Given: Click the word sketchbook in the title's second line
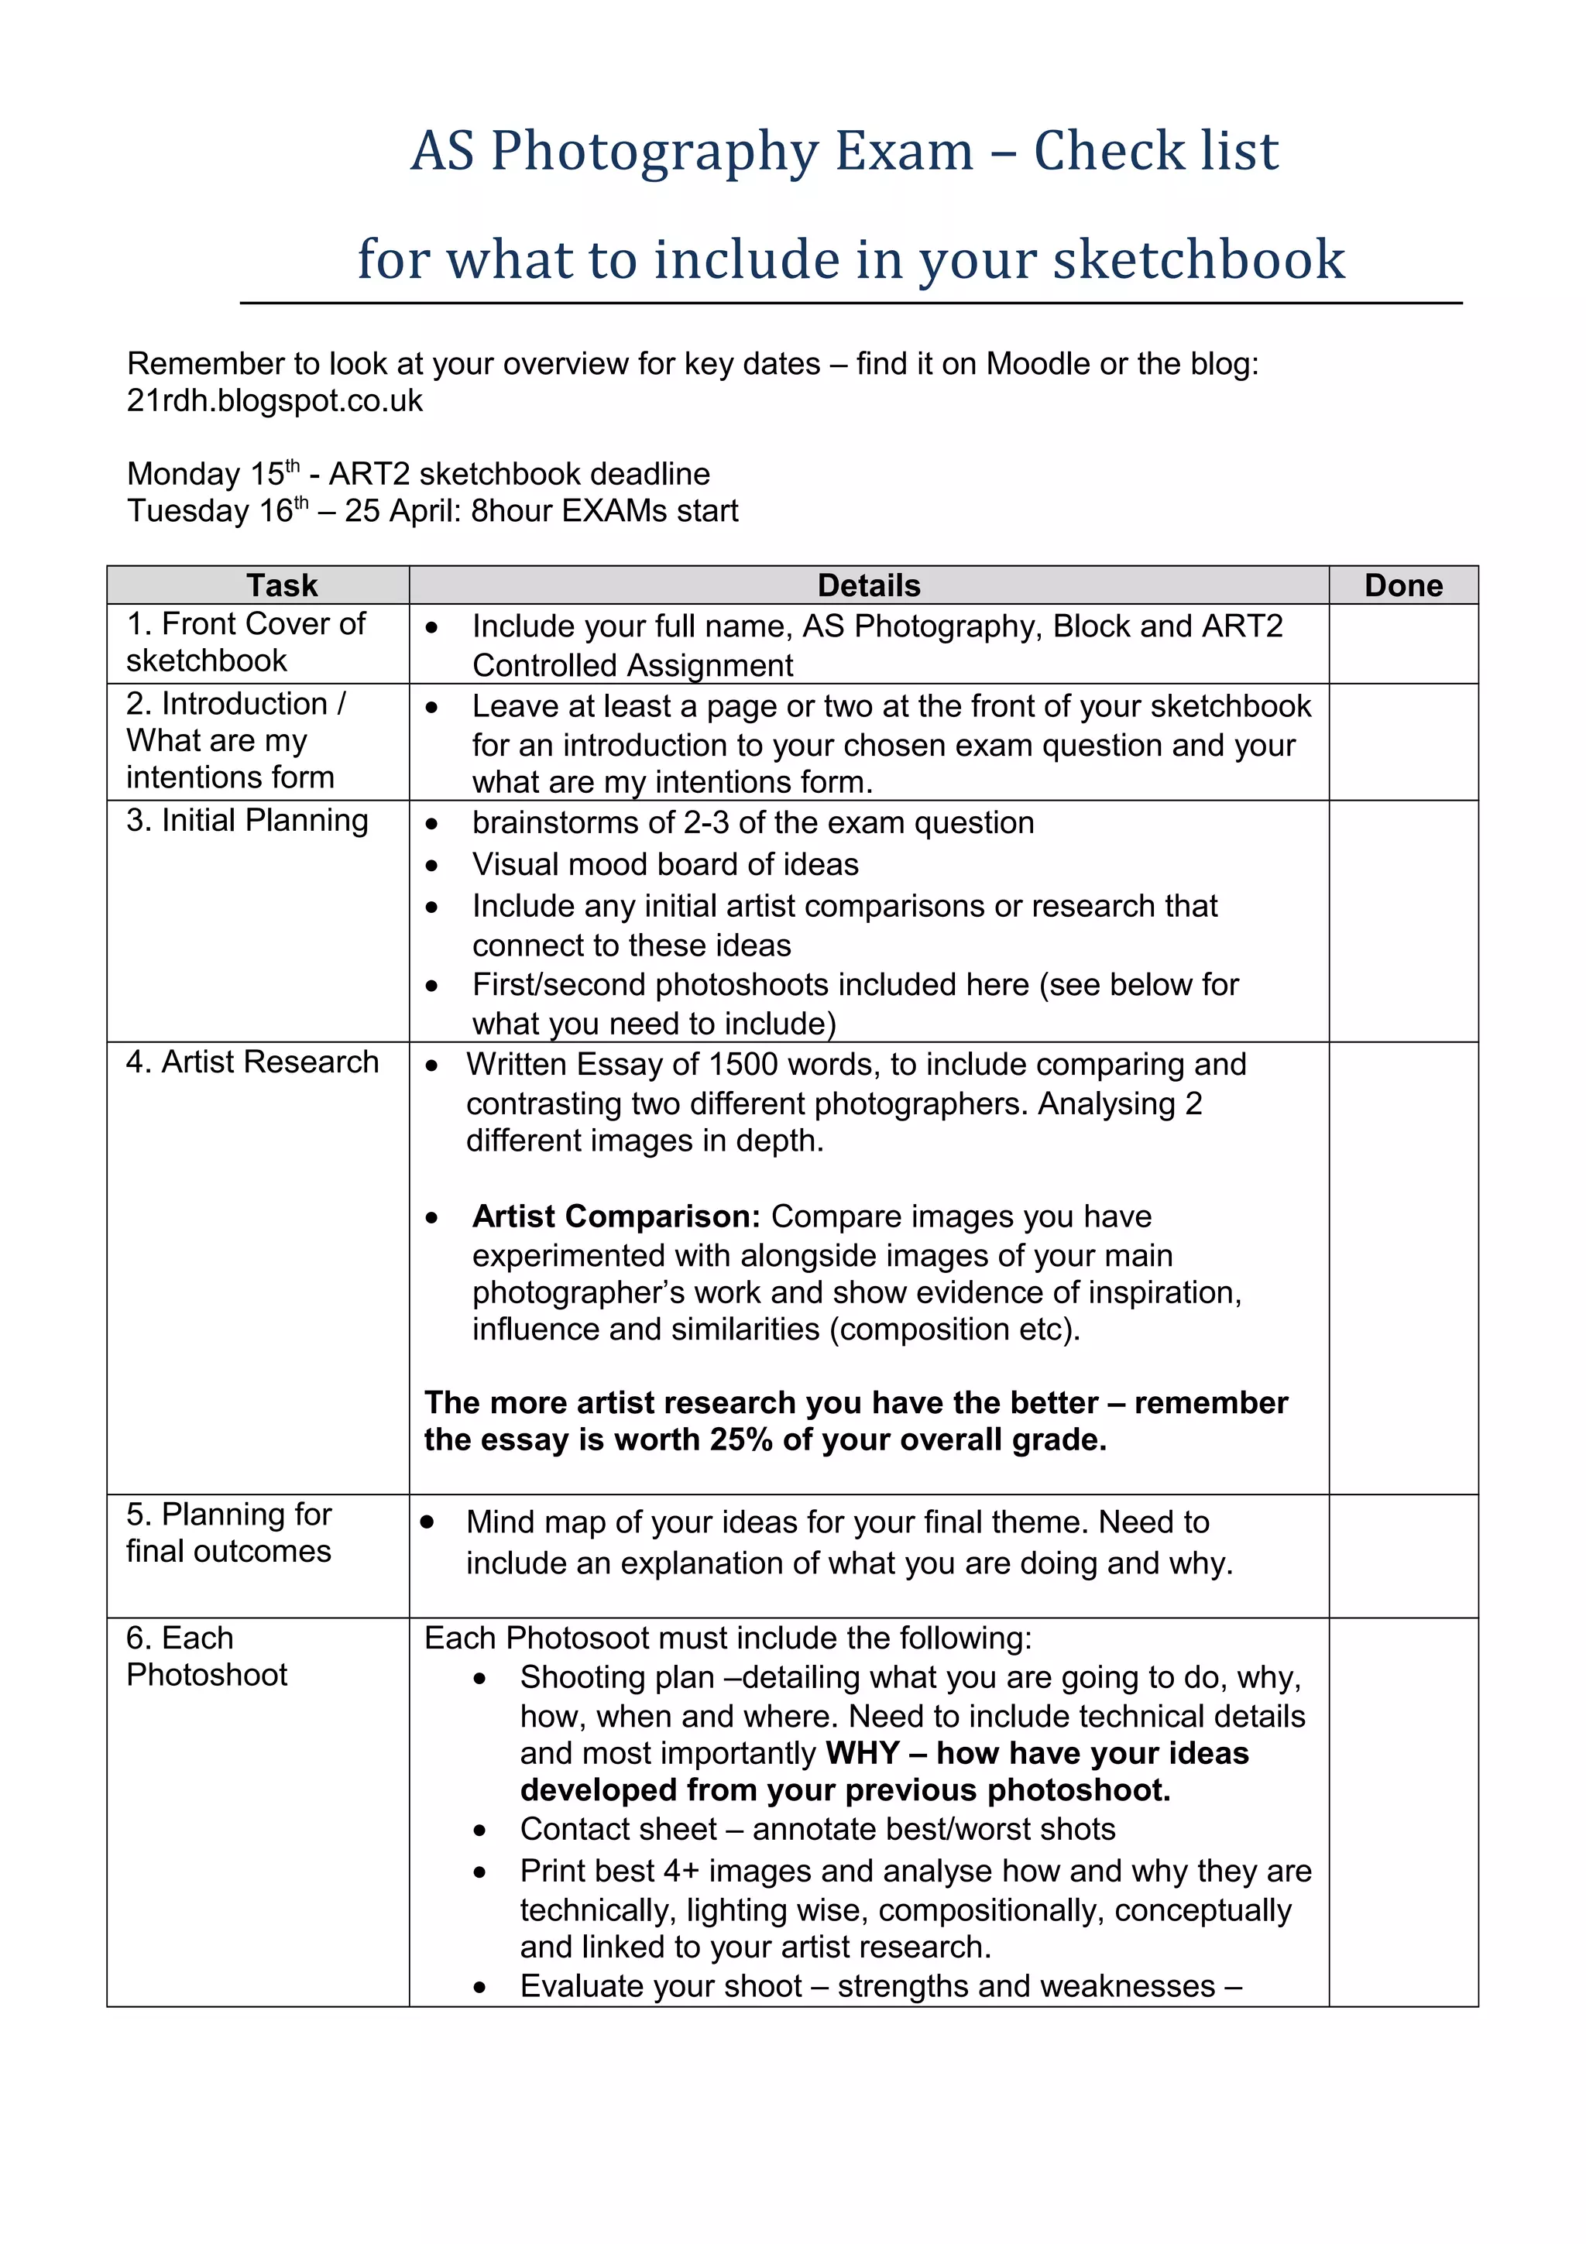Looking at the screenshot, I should point(1198,260).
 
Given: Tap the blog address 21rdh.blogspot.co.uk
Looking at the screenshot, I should point(275,401).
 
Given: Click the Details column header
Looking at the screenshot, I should point(868,585).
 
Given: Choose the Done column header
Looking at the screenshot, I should point(1402,585).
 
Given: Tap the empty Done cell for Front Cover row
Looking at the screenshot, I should point(1402,644).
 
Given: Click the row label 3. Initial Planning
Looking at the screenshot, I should point(247,821).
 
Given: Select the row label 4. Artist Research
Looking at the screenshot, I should point(252,1062).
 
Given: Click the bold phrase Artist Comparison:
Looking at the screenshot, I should point(616,1216).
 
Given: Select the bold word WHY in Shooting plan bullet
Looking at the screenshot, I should point(862,1753).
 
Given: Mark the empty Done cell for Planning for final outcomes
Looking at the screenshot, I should point(1402,1556).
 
